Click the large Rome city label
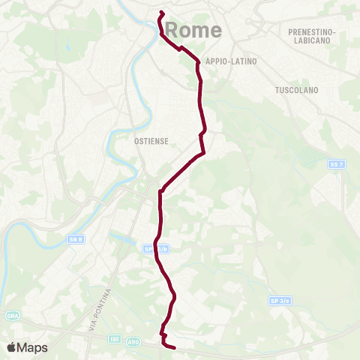[x=193, y=30]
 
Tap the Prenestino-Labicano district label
[x=311, y=37]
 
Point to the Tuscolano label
[x=297, y=90]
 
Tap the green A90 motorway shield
[x=133, y=341]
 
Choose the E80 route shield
[x=114, y=339]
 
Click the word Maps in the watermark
[x=33, y=347]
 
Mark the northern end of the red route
[x=161, y=12]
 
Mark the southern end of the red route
[x=174, y=348]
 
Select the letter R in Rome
[x=172, y=30]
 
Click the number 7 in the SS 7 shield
[x=340, y=164]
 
